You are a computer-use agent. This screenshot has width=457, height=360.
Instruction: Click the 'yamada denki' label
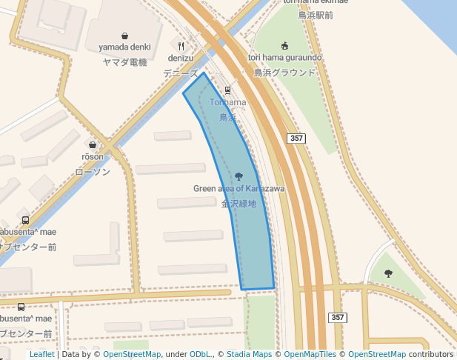[x=124, y=47]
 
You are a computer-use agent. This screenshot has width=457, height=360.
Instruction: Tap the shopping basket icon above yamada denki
[x=124, y=36]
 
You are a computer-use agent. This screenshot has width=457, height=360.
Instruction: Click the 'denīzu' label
[x=181, y=58]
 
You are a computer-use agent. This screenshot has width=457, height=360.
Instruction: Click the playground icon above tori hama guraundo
[x=284, y=46]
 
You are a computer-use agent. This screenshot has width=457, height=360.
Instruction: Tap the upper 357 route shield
[x=296, y=139]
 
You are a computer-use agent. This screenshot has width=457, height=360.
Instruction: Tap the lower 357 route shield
[x=338, y=317]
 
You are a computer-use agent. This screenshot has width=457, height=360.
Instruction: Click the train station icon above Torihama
[x=227, y=90]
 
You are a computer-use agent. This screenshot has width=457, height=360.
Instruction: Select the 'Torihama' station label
[x=227, y=102]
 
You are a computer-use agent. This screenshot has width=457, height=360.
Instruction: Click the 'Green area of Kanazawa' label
[x=238, y=188]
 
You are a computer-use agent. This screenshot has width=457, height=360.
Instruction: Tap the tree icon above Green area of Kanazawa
[x=238, y=176]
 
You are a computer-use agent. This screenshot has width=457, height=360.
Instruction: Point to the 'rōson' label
[x=93, y=156]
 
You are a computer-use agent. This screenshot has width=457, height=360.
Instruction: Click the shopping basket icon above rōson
[x=93, y=145]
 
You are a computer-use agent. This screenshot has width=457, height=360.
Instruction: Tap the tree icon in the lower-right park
[x=388, y=273]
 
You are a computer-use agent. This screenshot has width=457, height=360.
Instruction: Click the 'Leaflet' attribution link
[x=42, y=354]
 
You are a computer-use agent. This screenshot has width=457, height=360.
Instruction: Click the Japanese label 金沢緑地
[x=238, y=203]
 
